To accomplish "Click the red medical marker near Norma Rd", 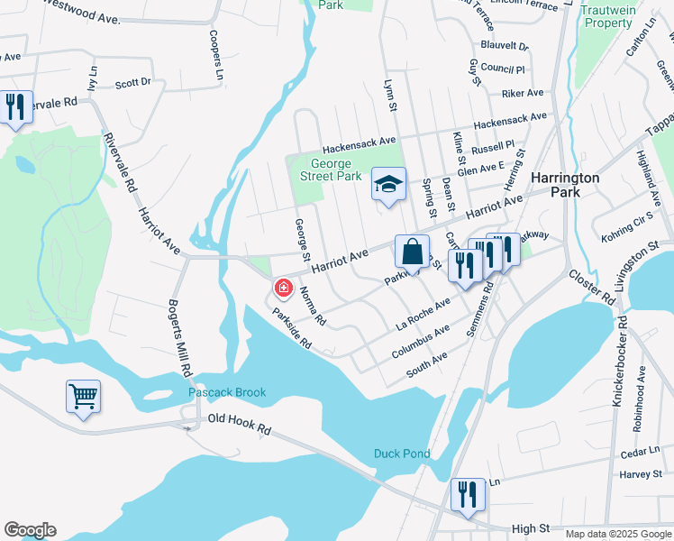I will coord(284,289).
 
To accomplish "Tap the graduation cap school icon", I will coord(388,185).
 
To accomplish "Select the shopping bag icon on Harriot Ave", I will coord(412,252).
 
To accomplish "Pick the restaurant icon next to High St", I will coord(468,495).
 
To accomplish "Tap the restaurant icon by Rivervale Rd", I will coord(15,108).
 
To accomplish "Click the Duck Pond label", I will coord(403,454).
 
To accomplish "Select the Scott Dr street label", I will coord(132,84).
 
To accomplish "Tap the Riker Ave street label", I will coord(523,93).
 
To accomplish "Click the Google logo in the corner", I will coord(30,530).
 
